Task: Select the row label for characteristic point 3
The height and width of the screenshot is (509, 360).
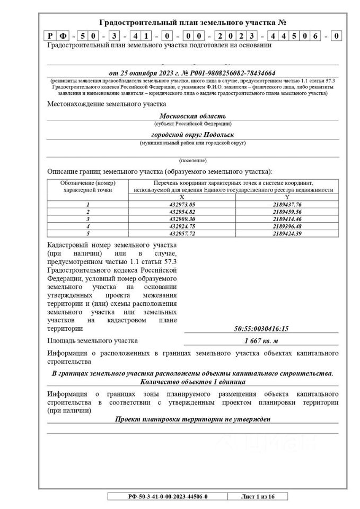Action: [88, 218]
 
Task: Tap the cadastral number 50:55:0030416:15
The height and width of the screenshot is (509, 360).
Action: [261, 329]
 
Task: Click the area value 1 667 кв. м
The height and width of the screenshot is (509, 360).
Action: [261, 341]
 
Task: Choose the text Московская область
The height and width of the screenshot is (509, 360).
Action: [192, 116]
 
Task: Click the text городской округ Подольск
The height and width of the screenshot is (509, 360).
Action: [192, 135]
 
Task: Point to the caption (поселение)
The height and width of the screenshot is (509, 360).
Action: [192, 160]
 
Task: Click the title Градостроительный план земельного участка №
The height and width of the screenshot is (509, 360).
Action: [192, 23]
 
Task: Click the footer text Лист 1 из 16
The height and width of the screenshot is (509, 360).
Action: [257, 496]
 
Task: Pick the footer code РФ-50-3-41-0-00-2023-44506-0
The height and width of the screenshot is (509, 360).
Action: [168, 496]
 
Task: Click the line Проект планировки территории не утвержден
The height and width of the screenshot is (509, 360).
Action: [192, 419]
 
